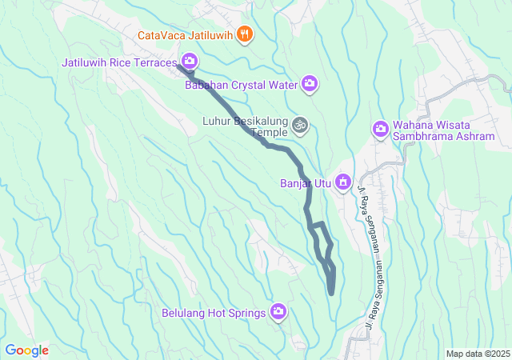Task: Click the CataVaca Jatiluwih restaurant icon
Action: click(246, 35)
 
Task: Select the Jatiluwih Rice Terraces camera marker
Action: click(190, 60)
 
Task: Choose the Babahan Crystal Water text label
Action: click(241, 84)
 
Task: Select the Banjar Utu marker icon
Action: click(343, 183)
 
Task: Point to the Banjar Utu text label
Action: click(305, 183)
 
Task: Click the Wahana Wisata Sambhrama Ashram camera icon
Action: click(380, 129)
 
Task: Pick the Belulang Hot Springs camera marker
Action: click(278, 312)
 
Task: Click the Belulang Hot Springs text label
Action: click(214, 313)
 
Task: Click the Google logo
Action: click(27, 350)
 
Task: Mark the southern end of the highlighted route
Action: click(331, 294)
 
